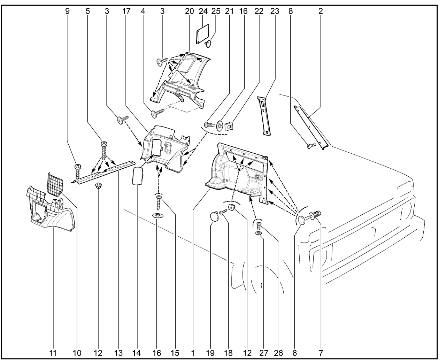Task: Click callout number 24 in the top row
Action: [x=203, y=11]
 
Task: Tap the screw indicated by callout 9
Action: [x=78, y=171]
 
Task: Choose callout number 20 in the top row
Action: [x=189, y=11]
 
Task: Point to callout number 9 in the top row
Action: [x=67, y=11]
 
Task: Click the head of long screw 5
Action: [x=103, y=144]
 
